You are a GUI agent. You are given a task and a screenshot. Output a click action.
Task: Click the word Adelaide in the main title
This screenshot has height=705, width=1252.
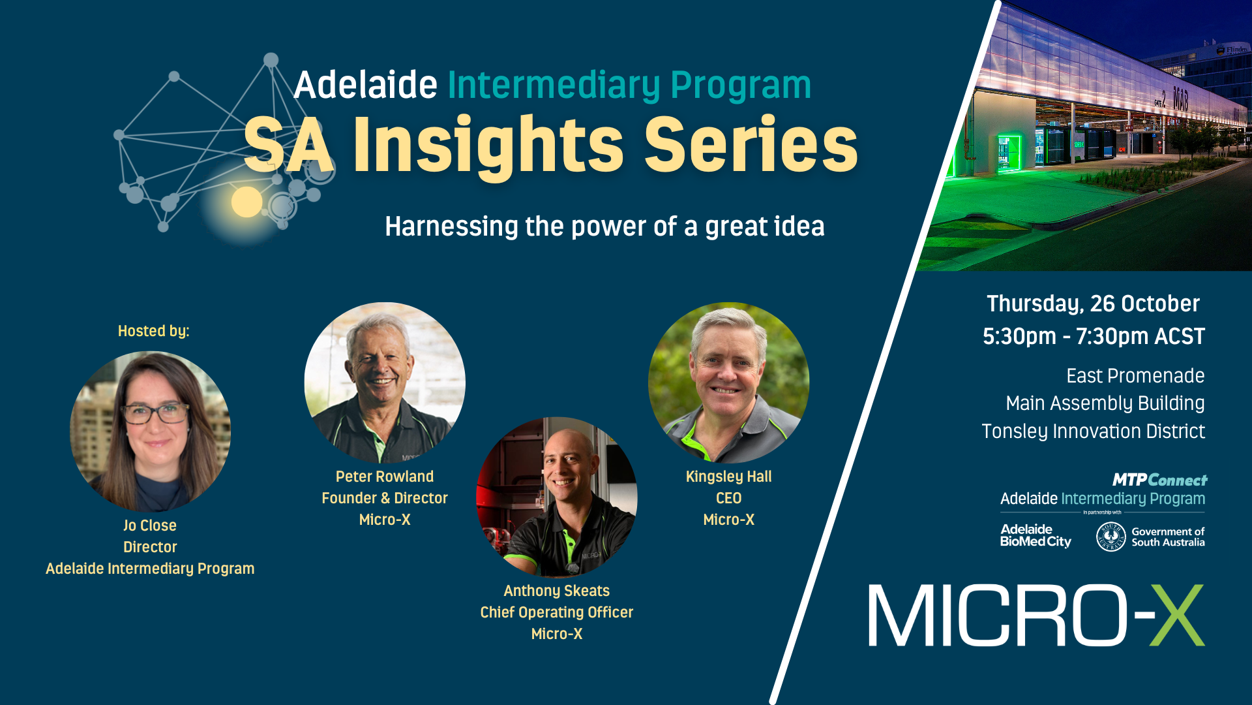[x=365, y=85]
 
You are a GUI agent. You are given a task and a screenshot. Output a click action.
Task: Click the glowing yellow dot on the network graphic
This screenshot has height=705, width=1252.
[x=246, y=202]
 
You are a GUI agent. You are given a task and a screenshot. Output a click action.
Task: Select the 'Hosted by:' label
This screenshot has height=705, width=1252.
[x=154, y=331]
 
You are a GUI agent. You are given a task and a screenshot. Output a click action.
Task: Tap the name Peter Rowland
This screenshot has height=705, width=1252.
[x=385, y=477]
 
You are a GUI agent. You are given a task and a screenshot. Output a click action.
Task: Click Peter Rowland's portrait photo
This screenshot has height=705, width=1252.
[x=385, y=383]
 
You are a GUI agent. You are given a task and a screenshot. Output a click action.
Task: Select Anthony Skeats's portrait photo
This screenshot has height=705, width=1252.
[x=557, y=497]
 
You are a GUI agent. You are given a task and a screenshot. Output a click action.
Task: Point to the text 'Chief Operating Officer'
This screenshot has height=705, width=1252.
[x=557, y=612]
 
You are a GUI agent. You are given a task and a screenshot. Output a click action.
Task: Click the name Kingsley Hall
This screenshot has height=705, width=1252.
[x=729, y=477]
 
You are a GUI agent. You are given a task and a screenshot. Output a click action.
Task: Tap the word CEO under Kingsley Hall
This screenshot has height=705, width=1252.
[x=729, y=498]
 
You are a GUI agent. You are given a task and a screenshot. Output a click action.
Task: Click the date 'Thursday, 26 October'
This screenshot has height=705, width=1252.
[x=1093, y=304]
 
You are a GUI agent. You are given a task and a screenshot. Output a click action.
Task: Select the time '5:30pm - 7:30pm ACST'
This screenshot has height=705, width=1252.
[x=1094, y=336]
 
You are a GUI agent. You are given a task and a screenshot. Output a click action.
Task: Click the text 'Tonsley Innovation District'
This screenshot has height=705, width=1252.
[x=1093, y=431]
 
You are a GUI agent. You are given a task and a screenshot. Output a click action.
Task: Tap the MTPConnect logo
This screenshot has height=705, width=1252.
[x=1160, y=480]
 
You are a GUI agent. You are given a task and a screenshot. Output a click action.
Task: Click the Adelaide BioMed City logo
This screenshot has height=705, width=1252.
[x=1036, y=536]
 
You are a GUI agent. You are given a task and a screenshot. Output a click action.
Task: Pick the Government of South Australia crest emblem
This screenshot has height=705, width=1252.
[x=1111, y=537]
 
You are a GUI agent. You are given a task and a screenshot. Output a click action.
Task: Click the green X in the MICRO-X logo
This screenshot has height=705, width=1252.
[x=1176, y=616]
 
